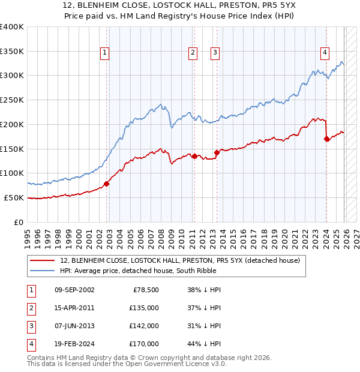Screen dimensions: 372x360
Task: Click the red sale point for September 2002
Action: tap(106, 184)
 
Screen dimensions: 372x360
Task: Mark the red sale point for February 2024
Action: tap(326, 139)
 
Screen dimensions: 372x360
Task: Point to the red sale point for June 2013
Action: tap(217, 152)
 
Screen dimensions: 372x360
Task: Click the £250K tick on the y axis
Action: tap(12, 100)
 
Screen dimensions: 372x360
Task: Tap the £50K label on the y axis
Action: tap(14, 197)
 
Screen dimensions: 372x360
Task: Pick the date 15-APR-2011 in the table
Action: tap(74, 308)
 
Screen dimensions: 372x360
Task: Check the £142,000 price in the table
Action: tap(144, 326)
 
